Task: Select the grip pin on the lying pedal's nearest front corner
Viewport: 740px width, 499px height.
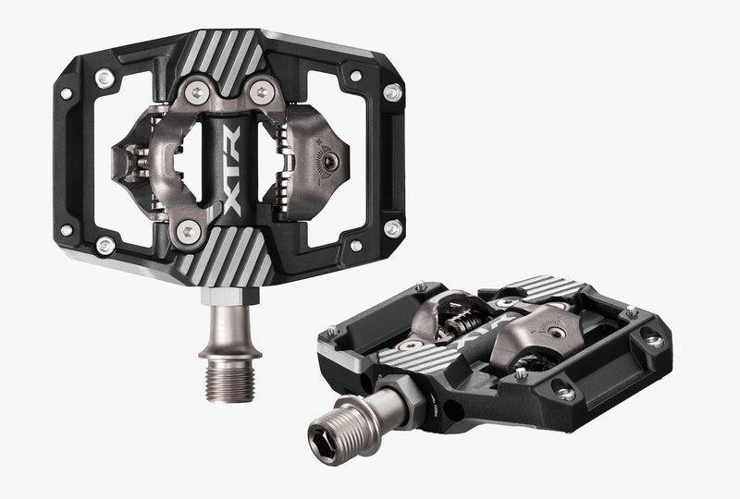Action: coord(566,394)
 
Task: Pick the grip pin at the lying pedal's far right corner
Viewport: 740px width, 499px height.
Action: coord(654,339)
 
